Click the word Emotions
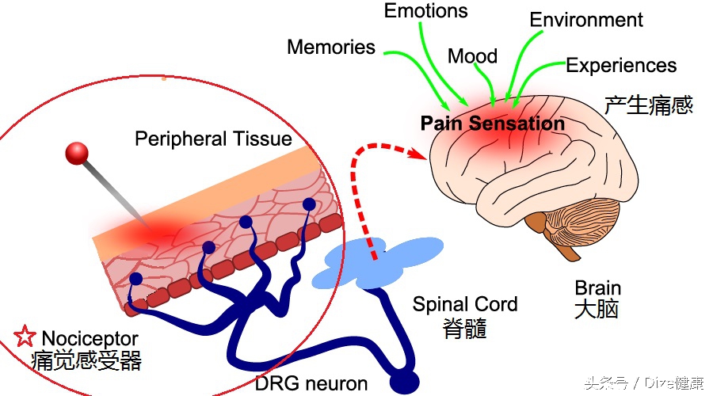tap(425, 11)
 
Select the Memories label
tap(331, 48)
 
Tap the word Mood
tap(472, 56)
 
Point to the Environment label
tap(586, 20)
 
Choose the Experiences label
tap(621, 66)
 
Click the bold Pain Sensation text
tap(492, 124)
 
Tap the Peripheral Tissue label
tap(213, 139)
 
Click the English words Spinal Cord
tap(465, 304)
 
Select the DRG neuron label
tap(311, 384)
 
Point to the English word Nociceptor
tap(90, 339)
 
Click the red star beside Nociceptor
tap(27, 337)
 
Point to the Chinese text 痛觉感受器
tap(86, 361)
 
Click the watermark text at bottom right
tap(643, 383)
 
